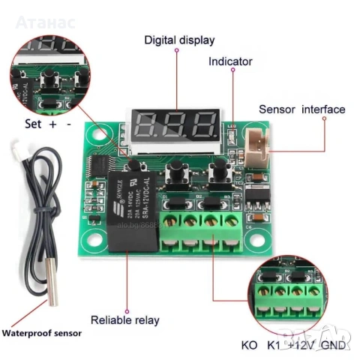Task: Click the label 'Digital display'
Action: (x=178, y=40)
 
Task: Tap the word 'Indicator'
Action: (x=230, y=61)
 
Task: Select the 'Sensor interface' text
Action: (x=301, y=109)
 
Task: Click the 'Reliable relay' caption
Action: (x=125, y=320)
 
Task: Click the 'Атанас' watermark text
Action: (x=45, y=22)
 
